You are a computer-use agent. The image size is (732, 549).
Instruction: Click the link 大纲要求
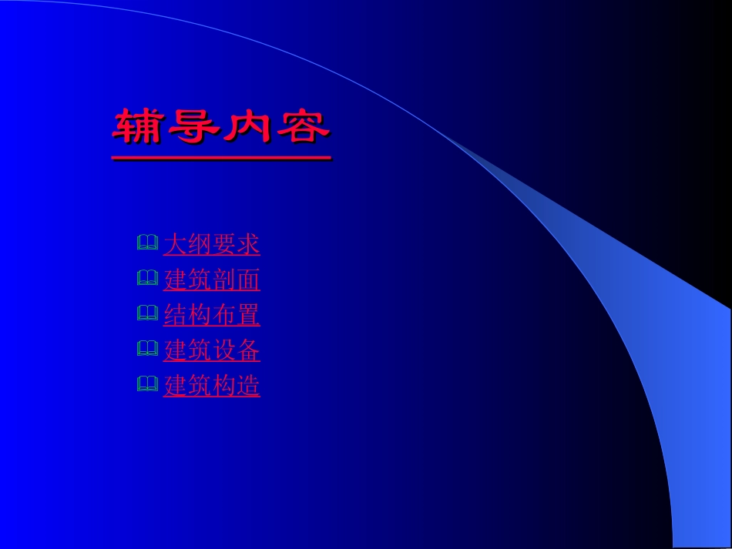click(x=211, y=245)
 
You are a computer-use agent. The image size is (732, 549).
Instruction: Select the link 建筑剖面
click(x=211, y=280)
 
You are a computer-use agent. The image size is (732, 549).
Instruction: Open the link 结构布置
click(x=211, y=315)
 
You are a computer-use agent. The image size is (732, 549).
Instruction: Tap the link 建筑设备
click(x=211, y=350)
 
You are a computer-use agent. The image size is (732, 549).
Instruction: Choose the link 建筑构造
click(x=211, y=385)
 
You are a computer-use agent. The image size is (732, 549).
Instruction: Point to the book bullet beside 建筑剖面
click(x=147, y=280)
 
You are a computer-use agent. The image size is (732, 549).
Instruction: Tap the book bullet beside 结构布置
click(x=147, y=314)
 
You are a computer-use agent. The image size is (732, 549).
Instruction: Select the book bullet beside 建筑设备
click(x=147, y=350)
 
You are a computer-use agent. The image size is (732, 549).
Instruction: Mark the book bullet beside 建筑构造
click(x=147, y=384)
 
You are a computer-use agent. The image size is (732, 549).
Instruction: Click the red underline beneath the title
click(x=221, y=158)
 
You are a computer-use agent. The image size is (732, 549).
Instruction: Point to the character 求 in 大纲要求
click(x=248, y=245)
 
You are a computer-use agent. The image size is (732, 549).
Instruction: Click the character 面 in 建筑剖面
click(x=248, y=280)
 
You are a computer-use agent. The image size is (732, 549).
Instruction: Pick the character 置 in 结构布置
click(x=248, y=315)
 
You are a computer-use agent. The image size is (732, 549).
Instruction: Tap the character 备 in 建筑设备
click(x=248, y=350)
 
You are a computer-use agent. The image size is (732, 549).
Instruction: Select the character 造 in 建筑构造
click(x=248, y=385)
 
